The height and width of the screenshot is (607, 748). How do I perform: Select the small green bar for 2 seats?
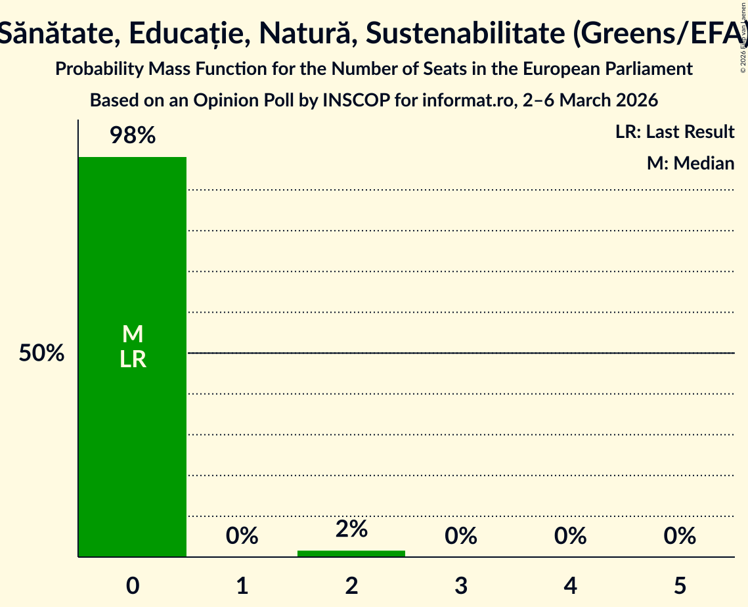[x=351, y=554]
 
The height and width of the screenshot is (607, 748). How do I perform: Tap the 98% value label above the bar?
[x=132, y=136]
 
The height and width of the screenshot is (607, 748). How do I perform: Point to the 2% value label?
[x=351, y=529]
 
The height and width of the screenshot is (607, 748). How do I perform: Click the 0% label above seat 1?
[x=242, y=536]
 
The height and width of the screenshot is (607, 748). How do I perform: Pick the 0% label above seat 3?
[x=461, y=536]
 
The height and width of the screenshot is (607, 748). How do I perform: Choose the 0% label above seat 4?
[x=570, y=536]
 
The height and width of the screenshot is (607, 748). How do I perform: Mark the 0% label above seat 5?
[x=680, y=536]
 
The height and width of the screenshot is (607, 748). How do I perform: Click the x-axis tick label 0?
[x=133, y=585]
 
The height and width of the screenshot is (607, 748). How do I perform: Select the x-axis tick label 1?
[x=242, y=585]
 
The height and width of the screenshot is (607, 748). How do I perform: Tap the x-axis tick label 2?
[x=351, y=585]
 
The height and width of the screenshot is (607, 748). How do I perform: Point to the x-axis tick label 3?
[x=461, y=585]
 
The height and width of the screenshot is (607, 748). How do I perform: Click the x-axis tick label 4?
[x=570, y=585]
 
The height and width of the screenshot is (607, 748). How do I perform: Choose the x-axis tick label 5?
[x=680, y=585]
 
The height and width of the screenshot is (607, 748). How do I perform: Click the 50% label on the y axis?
[x=41, y=353]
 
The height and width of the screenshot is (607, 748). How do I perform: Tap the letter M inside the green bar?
[x=133, y=334]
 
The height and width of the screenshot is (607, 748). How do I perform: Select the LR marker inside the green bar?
[x=133, y=359]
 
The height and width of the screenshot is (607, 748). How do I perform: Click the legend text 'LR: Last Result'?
[x=674, y=132]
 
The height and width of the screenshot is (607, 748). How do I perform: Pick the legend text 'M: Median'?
[x=690, y=163]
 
